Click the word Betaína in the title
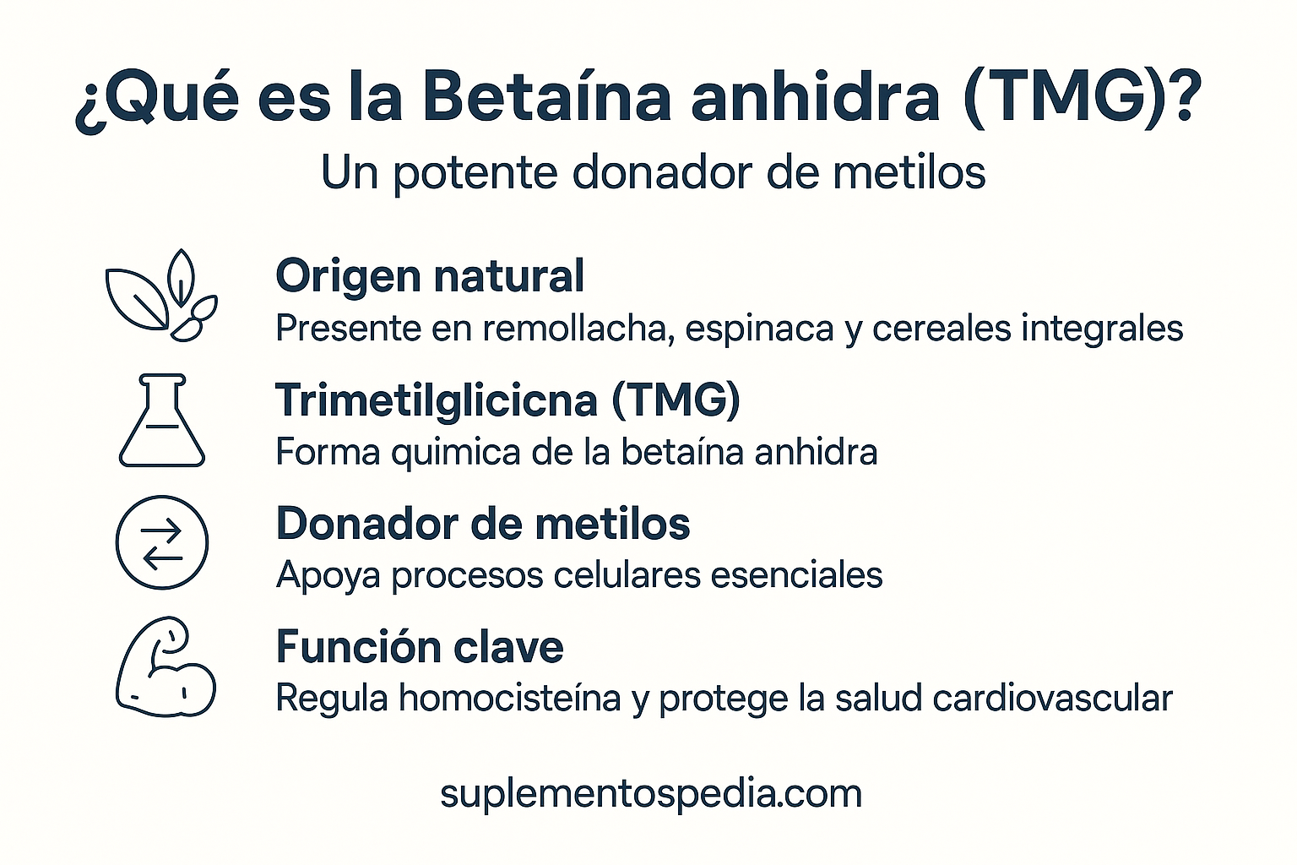click(x=545, y=97)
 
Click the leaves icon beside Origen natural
click(x=160, y=296)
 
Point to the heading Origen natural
click(x=430, y=276)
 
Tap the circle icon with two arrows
click(x=161, y=542)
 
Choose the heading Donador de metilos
click(x=483, y=524)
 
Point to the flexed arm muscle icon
click(x=165, y=666)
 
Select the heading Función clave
click(x=420, y=648)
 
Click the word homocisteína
click(x=510, y=699)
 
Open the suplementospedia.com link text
click(x=651, y=794)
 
